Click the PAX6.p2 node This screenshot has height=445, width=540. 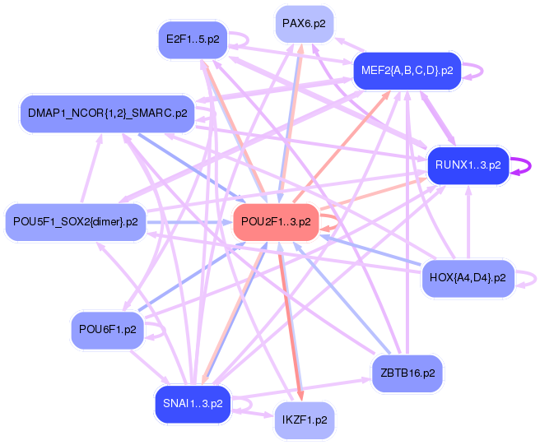pyautogui.click(x=304, y=24)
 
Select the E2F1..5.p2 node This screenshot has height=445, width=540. pyautogui.click(x=193, y=39)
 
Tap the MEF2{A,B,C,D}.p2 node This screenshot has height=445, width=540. pyautogui.click(x=407, y=71)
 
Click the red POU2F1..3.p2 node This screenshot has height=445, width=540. pyautogui.click(x=276, y=221)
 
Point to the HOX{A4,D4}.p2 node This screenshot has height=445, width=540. pyautogui.click(x=468, y=277)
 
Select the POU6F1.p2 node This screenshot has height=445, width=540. pyautogui.click(x=107, y=329)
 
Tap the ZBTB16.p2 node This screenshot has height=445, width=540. pyautogui.click(x=407, y=373)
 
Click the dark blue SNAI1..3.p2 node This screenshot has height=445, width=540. pyautogui.click(x=193, y=404)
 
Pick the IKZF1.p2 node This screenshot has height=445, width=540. pyautogui.click(x=304, y=420)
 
